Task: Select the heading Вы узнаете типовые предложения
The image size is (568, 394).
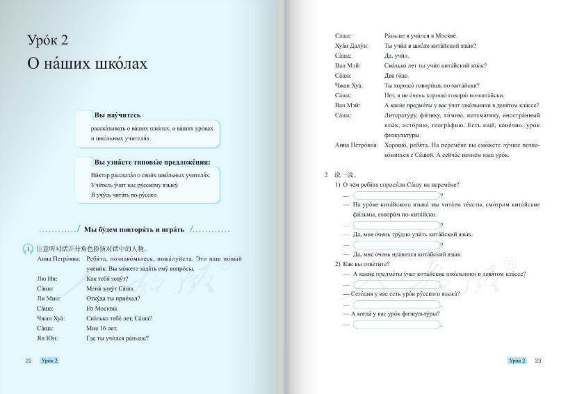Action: [152, 163]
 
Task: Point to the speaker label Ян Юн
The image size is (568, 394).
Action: [44, 338]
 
